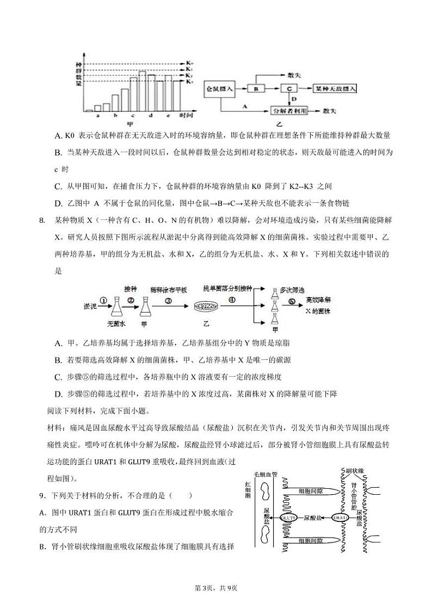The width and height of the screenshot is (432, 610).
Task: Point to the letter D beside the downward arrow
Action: click(294, 99)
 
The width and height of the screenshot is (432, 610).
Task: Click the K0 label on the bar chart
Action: click(189, 64)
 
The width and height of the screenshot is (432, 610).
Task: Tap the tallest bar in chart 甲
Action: click(142, 91)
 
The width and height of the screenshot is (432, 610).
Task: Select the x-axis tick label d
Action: click(150, 115)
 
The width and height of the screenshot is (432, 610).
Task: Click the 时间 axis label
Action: click(187, 115)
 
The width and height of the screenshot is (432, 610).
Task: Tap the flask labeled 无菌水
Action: click(116, 308)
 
